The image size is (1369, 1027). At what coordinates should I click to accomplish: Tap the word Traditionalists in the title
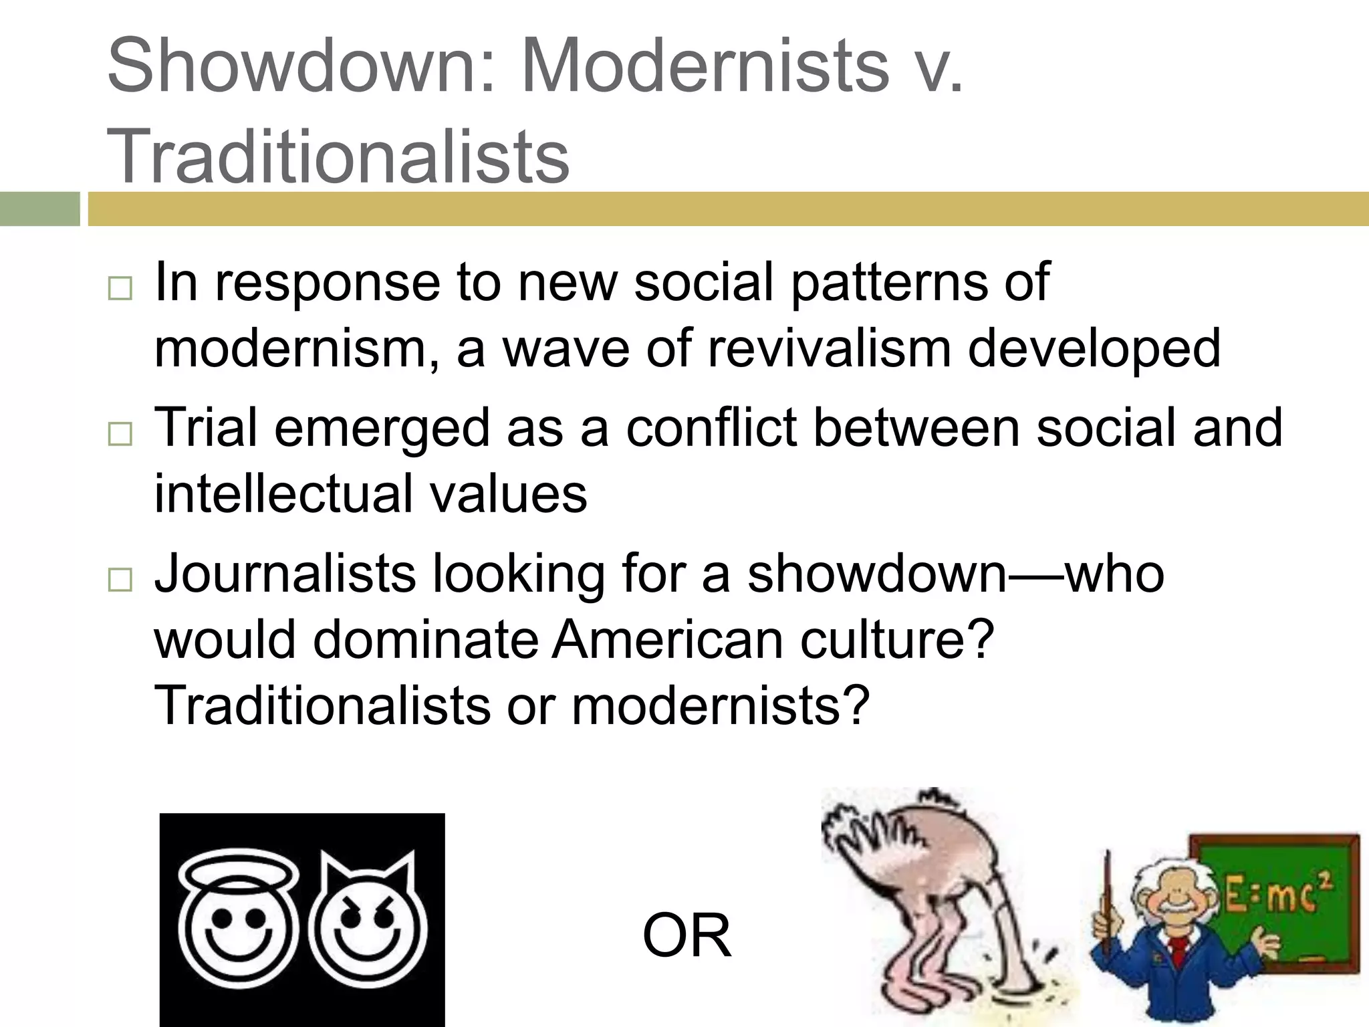(x=338, y=157)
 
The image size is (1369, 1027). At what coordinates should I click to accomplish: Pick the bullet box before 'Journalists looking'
(x=120, y=580)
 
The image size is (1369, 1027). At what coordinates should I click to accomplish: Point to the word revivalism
(x=829, y=349)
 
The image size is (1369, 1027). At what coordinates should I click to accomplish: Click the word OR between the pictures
(x=687, y=936)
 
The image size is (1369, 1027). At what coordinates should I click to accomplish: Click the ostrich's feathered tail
(x=869, y=829)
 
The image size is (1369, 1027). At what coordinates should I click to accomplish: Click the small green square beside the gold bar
(x=39, y=209)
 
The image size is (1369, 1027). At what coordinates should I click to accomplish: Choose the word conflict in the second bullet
(x=711, y=429)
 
